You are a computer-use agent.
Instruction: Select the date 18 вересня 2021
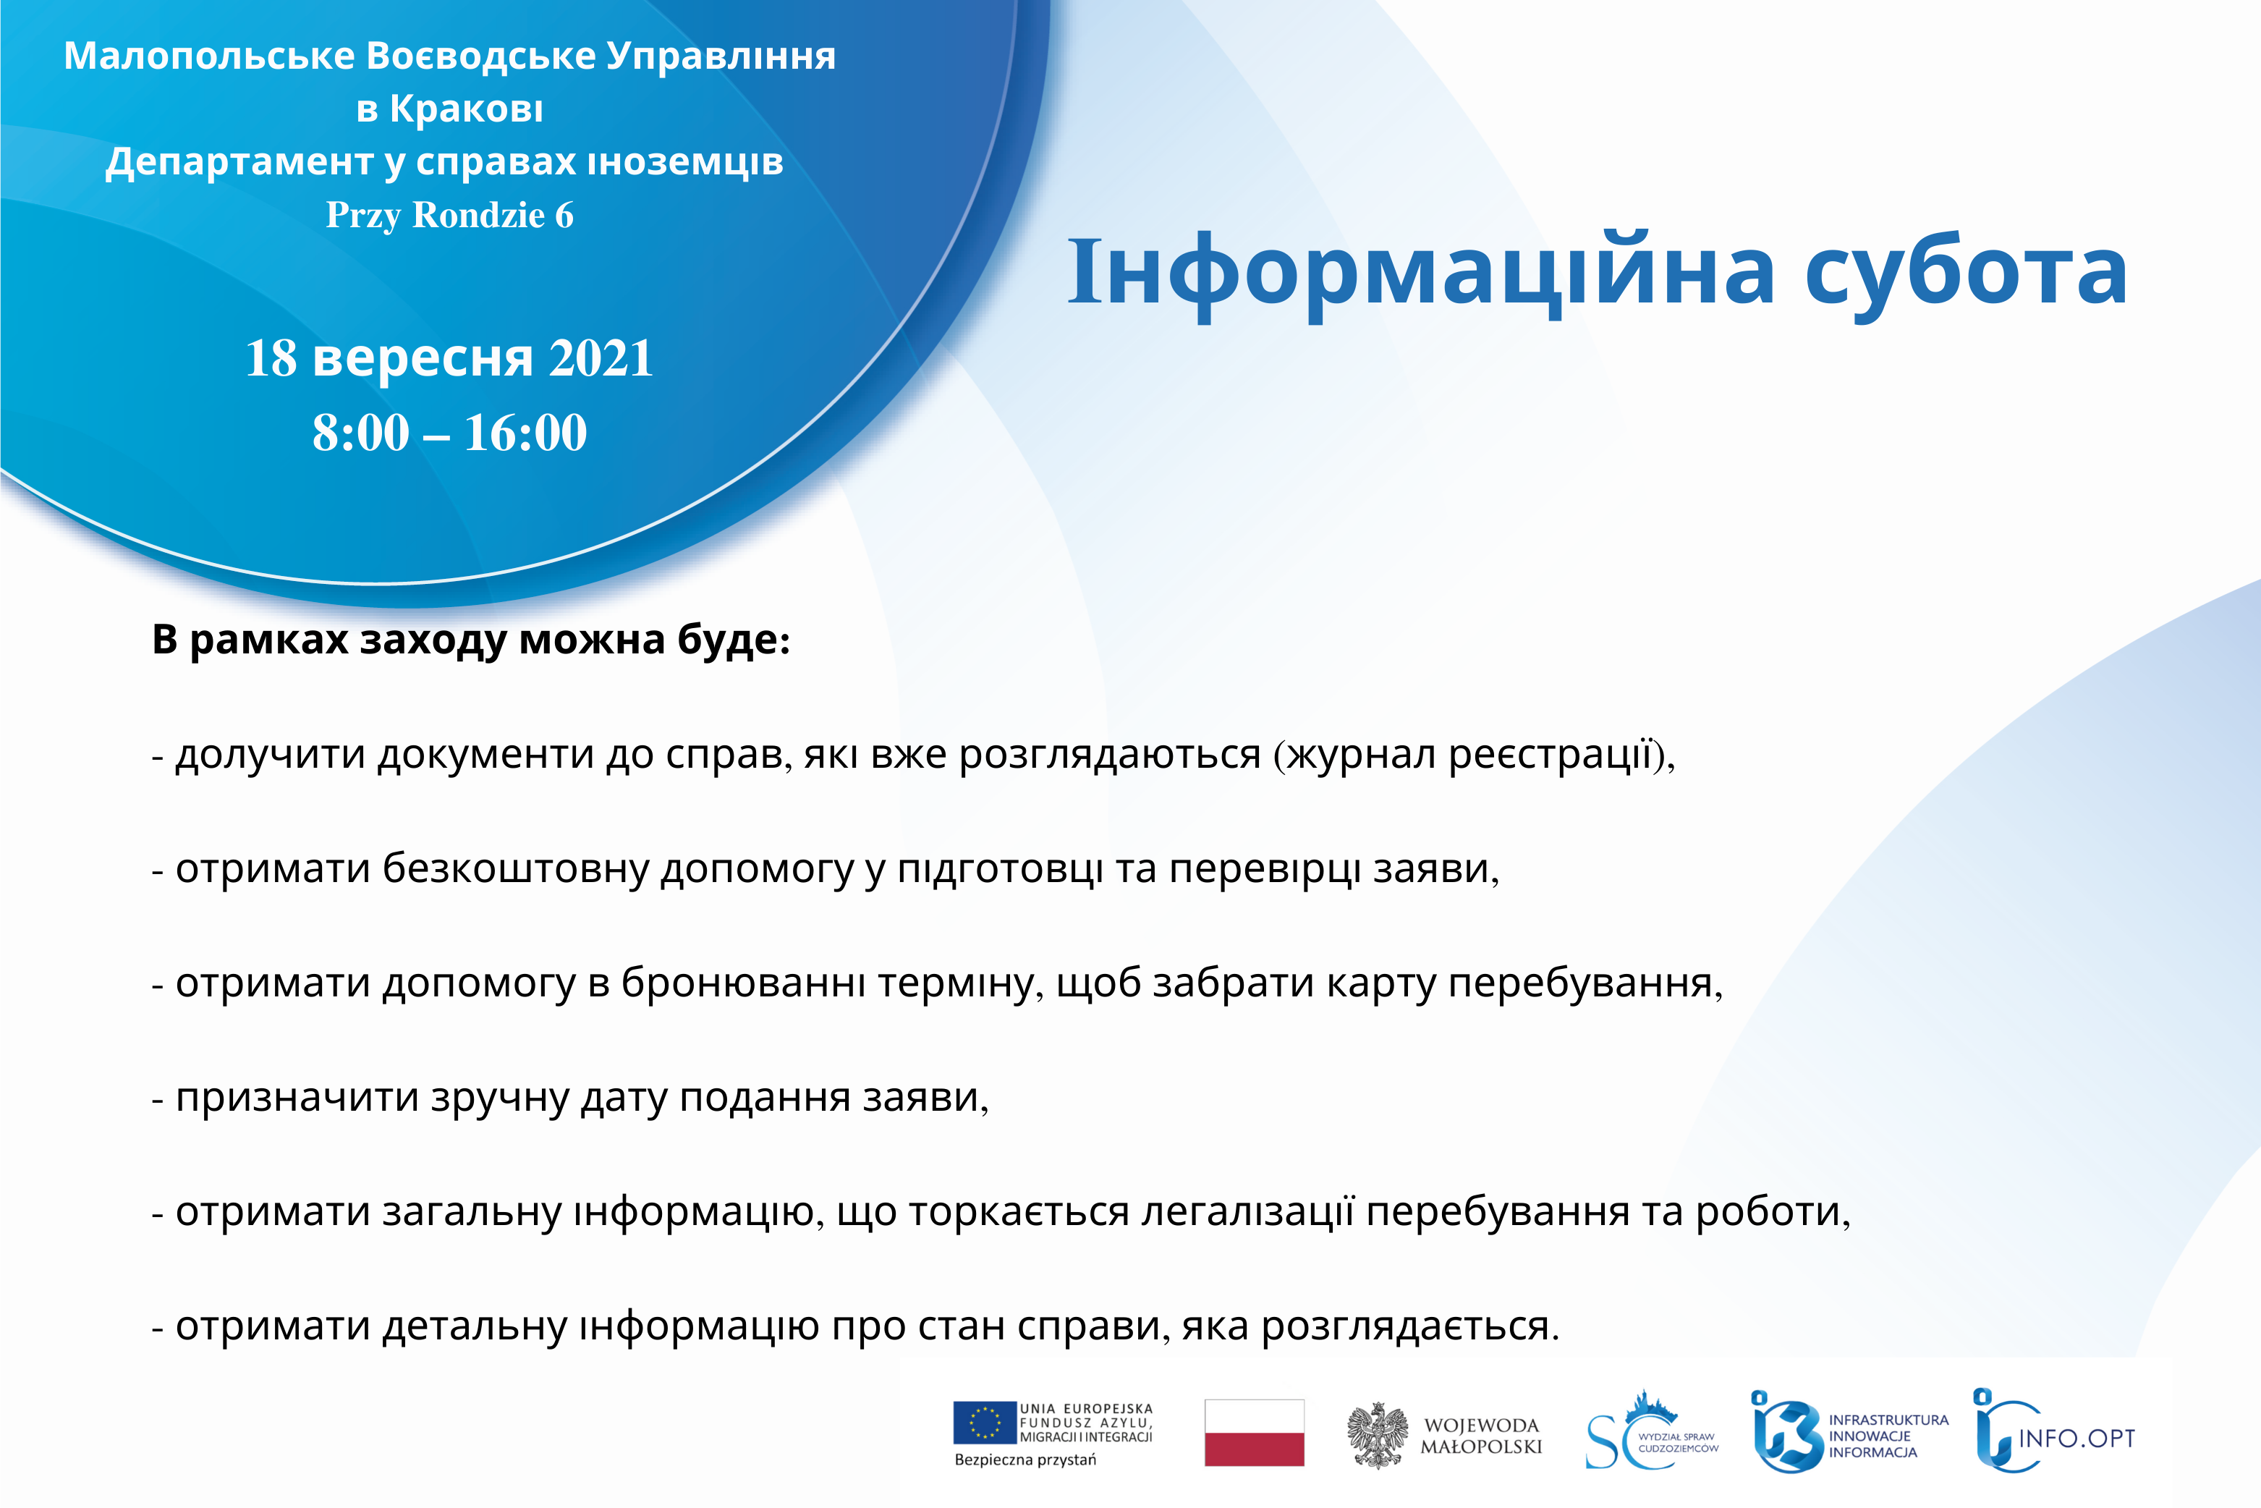click(449, 360)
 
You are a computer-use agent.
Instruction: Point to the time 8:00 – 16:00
click(449, 432)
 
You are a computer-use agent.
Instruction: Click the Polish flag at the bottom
click(1254, 1433)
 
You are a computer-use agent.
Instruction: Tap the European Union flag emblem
click(985, 1423)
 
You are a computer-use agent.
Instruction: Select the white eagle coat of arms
click(1377, 1435)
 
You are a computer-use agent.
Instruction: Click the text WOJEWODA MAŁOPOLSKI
click(1481, 1436)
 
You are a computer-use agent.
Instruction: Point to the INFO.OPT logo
click(2053, 1431)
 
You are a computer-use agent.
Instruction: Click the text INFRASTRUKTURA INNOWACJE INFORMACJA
click(1888, 1436)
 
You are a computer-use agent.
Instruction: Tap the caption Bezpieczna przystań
click(1025, 1460)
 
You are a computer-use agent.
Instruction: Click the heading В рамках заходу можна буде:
click(471, 640)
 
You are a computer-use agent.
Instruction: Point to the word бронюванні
click(743, 982)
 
